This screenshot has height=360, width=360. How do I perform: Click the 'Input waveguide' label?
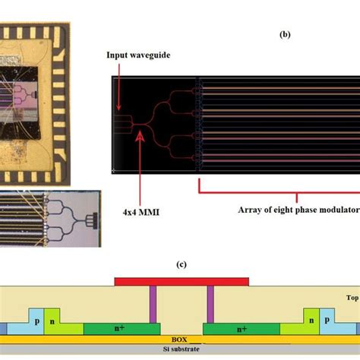tap(138, 55)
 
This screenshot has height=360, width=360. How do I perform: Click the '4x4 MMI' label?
tap(141, 212)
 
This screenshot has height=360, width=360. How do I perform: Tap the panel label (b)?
tap(285, 34)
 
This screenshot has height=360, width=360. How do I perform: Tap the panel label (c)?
tap(182, 264)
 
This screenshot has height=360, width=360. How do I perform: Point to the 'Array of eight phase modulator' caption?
tap(298, 210)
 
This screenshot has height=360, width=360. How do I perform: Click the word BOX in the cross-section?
tap(179, 339)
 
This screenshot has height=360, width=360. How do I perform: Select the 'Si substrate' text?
tap(181, 349)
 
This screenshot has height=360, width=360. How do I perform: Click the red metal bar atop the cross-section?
tap(182, 282)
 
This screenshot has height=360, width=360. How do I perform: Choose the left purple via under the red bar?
tap(153, 305)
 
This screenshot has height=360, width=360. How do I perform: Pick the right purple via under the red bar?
tap(210, 305)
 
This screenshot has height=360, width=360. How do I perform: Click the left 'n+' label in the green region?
tap(120, 328)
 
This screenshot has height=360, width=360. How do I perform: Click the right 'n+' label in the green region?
tap(242, 329)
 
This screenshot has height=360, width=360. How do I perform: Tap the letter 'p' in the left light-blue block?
tap(37, 321)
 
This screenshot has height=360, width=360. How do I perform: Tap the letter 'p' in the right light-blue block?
tap(327, 320)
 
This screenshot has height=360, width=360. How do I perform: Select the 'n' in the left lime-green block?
tap(52, 322)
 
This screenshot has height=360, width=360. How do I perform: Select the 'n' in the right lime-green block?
tap(311, 321)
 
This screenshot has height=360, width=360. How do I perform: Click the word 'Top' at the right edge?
tap(353, 298)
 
